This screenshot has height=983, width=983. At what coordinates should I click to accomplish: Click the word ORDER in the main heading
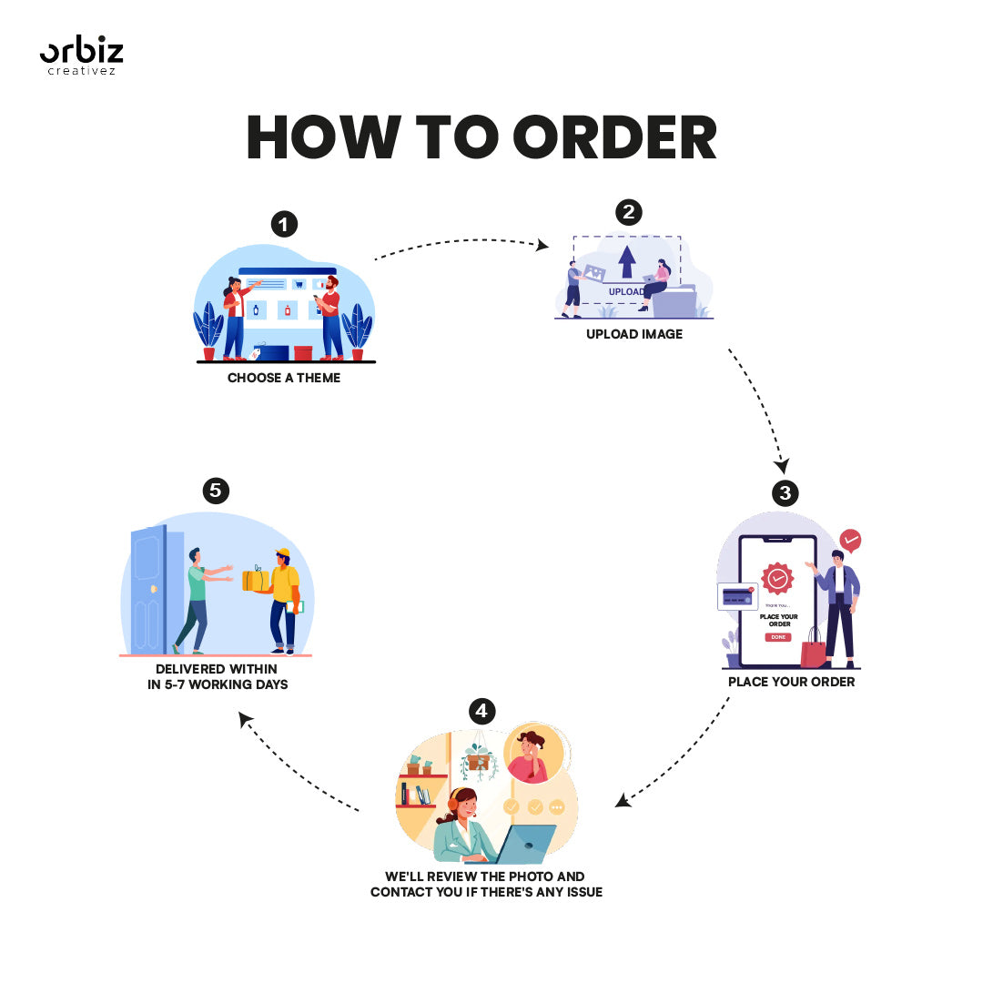pos(614,138)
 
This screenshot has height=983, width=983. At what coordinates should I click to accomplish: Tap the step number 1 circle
pos(285,224)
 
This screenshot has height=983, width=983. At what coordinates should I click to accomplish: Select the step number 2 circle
pos(628,213)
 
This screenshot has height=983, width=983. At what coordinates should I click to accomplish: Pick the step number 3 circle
pos(785,493)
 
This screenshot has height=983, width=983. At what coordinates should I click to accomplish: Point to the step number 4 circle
pos(481,710)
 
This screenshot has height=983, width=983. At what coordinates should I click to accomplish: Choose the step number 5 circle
pos(215,491)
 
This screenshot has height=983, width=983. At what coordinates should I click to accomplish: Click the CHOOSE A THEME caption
pos(284,378)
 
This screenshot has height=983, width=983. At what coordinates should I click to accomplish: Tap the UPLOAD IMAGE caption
pos(634,334)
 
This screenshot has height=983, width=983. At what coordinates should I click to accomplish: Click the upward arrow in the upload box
pos(627,262)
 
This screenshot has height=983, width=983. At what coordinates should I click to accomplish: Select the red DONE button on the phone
pos(778,637)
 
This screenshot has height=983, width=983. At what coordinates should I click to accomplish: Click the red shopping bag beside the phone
pos(813,649)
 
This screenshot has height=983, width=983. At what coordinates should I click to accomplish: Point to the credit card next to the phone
pos(735,596)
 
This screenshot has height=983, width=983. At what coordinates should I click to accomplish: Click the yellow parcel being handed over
pos(255,580)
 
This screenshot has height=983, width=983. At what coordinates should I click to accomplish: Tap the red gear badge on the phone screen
pos(777,578)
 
